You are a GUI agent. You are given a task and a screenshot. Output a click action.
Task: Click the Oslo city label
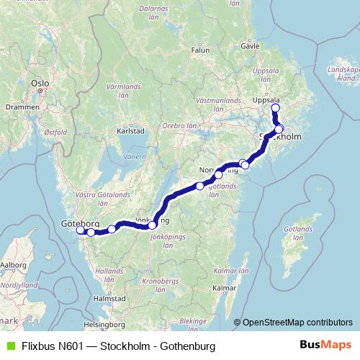(x=40, y=84)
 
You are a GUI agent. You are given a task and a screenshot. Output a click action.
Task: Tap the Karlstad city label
(x=131, y=131)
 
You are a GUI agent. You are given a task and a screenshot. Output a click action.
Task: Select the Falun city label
(x=199, y=50)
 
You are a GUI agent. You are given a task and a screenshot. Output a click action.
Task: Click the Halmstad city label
(x=110, y=297)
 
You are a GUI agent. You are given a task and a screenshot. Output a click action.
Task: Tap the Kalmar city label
(x=225, y=288)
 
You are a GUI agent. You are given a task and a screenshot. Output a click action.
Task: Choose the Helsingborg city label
(x=102, y=323)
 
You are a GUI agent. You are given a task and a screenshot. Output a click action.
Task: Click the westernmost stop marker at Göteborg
(x=81, y=230)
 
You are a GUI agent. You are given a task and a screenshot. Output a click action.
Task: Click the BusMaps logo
(x=325, y=346)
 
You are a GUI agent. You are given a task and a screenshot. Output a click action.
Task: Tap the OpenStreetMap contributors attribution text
(x=297, y=322)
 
